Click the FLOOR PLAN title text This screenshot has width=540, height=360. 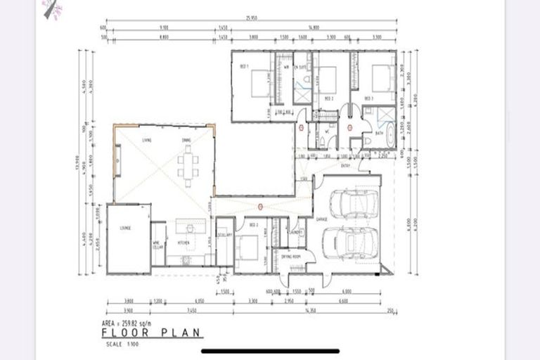tap(151, 333)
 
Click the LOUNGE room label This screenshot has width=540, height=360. tap(124, 228)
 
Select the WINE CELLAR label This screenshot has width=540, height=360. tap(157, 245)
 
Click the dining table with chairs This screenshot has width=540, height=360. tap(188, 165)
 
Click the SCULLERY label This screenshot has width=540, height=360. tap(224, 236)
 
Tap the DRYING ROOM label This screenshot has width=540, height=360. tap(290, 257)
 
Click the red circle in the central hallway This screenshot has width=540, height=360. tap(260, 207)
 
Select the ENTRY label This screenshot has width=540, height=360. tap(345, 166)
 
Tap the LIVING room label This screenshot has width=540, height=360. tap(147, 141)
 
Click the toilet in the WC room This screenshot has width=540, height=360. tap(321, 141)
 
